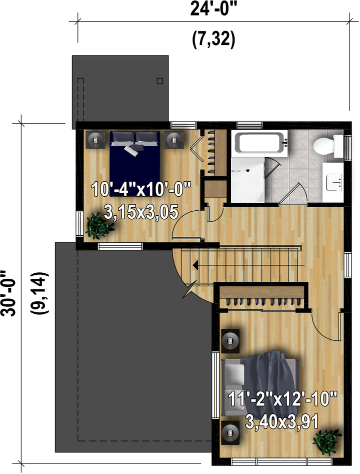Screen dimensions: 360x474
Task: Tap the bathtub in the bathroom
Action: pyautogui.click(x=261, y=143)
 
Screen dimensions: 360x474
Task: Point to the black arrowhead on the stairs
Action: pyautogui.click(x=195, y=265)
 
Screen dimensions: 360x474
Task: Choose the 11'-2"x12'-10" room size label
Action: pyautogui.click(x=282, y=399)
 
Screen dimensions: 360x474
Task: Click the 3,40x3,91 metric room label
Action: pyautogui.click(x=282, y=422)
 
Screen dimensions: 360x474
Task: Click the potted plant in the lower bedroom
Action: pyautogui.click(x=327, y=441)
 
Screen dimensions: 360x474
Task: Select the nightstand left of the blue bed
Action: pyautogui.click(x=95, y=140)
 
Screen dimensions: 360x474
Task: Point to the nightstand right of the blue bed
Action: pyautogui.click(x=174, y=140)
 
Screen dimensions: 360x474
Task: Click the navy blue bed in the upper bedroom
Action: pyautogui.click(x=134, y=164)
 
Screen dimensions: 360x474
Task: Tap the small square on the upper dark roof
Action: pyautogui.click(x=160, y=81)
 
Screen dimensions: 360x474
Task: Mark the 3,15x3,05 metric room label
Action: pyautogui.click(x=141, y=212)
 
